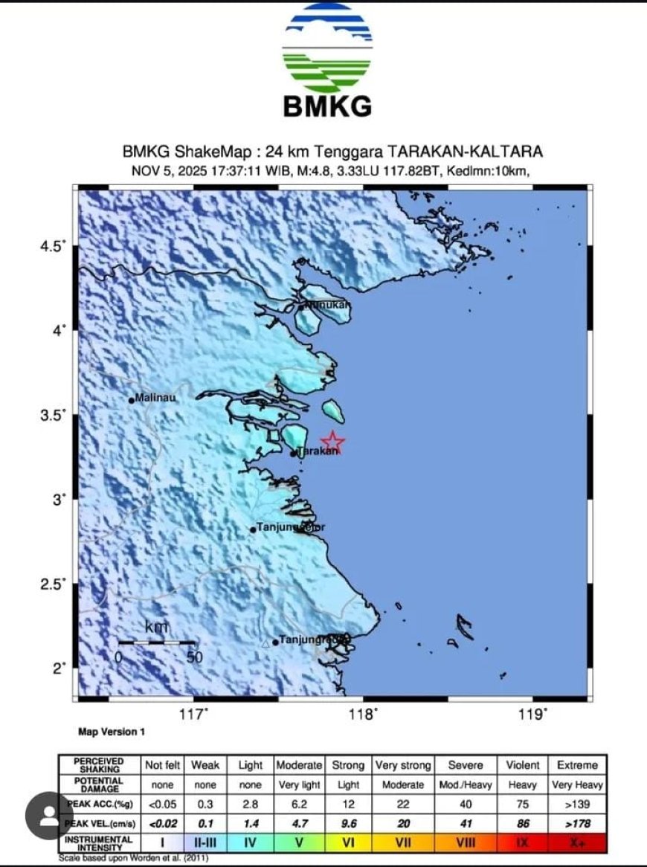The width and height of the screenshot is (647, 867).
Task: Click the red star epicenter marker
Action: point(332,442)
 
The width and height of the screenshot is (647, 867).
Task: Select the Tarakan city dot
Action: point(294,452)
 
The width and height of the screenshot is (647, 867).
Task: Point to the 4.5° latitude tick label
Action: point(53,246)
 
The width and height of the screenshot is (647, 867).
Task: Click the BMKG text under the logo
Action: point(327,106)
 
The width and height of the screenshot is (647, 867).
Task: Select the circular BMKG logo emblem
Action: point(327,48)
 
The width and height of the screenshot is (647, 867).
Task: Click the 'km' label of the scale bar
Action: point(156,628)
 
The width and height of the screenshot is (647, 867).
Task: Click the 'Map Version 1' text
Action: point(112,732)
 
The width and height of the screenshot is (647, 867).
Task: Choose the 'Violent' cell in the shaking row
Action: point(523,765)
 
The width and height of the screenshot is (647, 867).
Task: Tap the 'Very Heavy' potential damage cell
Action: point(577,784)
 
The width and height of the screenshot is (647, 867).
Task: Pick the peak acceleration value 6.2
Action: point(299,804)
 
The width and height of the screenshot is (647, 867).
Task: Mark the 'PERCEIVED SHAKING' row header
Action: point(100,765)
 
